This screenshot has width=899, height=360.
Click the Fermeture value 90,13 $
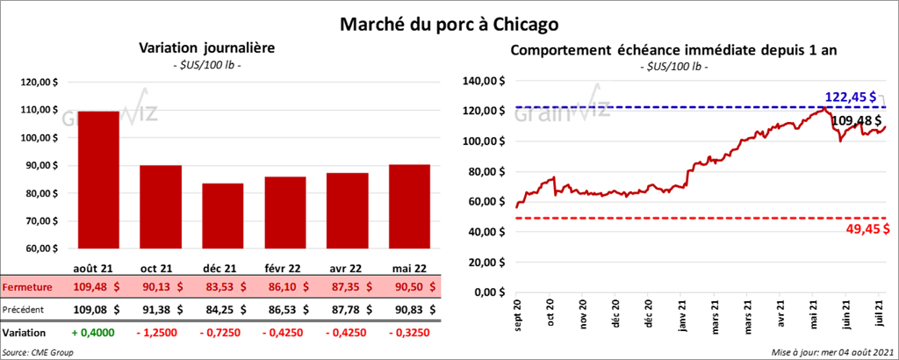pos(161,286)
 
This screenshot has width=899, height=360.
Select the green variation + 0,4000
pos(98,333)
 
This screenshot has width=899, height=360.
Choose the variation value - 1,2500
pos(161,333)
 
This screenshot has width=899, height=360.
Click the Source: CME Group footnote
pos(37,351)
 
